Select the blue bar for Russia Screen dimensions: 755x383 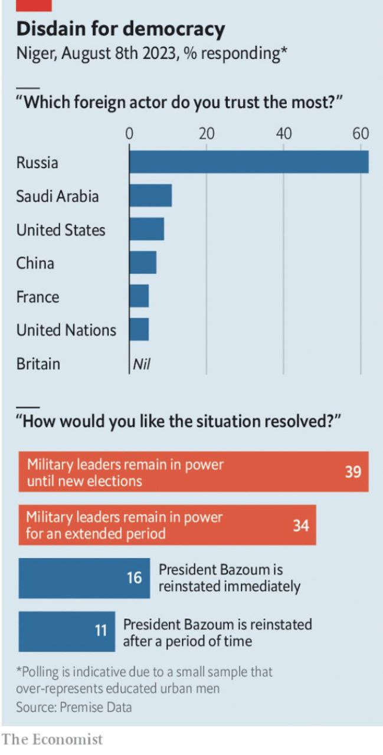coord(248,162)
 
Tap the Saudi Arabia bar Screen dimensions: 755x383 coord(150,196)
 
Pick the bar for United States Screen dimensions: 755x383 coord(147,229)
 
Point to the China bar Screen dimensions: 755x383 coord(143,262)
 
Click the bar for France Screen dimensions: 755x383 coord(139,296)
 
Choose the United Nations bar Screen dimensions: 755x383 coord(139,330)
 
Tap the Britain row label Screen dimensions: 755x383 coord(38,364)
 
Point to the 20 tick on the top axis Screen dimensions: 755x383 coord(206,134)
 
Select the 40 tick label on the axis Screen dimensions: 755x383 coord(283,134)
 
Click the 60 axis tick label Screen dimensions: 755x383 coord(360,134)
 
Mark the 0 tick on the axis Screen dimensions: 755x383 coord(129,134)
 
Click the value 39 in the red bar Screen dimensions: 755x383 coord(352,472)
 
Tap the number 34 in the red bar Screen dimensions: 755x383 coord(300,525)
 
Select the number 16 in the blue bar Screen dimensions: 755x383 coord(134,578)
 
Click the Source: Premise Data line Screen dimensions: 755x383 coord(74,707)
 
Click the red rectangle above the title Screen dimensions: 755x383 coord(34,5)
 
